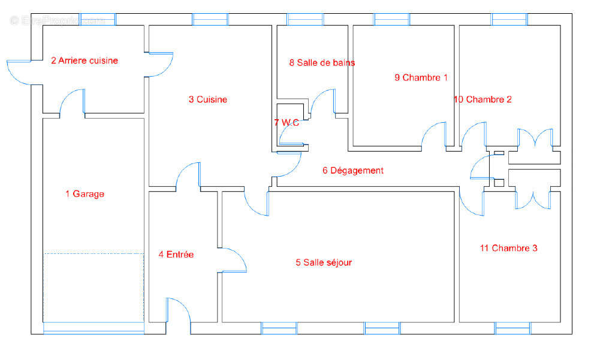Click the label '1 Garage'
[85, 194]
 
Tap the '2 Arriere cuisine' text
[85, 60]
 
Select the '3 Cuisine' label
[208, 99]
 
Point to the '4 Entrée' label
[176, 254]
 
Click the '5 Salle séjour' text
[324, 262]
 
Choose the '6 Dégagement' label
[353, 171]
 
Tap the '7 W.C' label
[287, 123]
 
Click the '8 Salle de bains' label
[322, 63]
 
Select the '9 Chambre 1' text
[421, 78]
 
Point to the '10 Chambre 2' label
[483, 99]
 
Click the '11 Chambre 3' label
[509, 248]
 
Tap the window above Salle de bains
[305, 19]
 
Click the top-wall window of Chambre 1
[392, 19]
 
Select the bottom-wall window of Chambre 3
[512, 328]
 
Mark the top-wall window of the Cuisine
[210, 19]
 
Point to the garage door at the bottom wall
[94, 328]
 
